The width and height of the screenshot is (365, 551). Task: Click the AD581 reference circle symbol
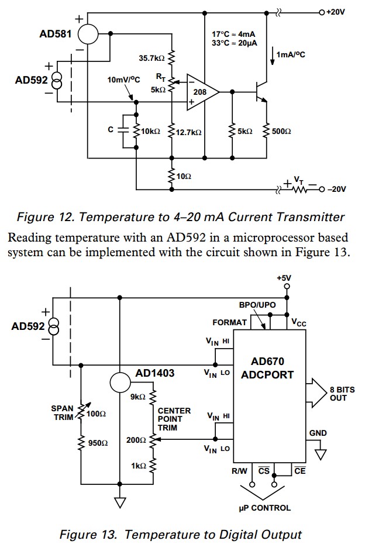(88, 34)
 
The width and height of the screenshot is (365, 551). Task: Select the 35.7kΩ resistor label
(151, 58)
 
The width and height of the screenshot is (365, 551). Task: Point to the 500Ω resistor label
(281, 132)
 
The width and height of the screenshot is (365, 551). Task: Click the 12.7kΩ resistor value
(189, 132)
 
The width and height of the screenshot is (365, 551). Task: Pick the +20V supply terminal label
(336, 12)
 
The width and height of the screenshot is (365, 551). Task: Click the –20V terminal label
(336, 189)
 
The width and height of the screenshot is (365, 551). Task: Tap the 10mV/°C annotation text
(123, 80)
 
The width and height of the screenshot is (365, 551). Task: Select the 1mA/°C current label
(291, 54)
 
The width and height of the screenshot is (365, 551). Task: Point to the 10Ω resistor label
(184, 176)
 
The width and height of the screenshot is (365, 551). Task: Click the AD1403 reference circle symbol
(120, 383)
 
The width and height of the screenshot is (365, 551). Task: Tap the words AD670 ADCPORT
(267, 368)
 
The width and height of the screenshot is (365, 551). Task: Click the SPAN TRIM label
(62, 413)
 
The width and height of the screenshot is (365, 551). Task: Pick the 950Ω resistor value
(98, 443)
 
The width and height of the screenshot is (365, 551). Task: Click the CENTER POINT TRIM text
(174, 419)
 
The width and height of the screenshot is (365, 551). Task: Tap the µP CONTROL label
(264, 508)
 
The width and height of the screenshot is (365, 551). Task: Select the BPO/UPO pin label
(257, 305)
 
